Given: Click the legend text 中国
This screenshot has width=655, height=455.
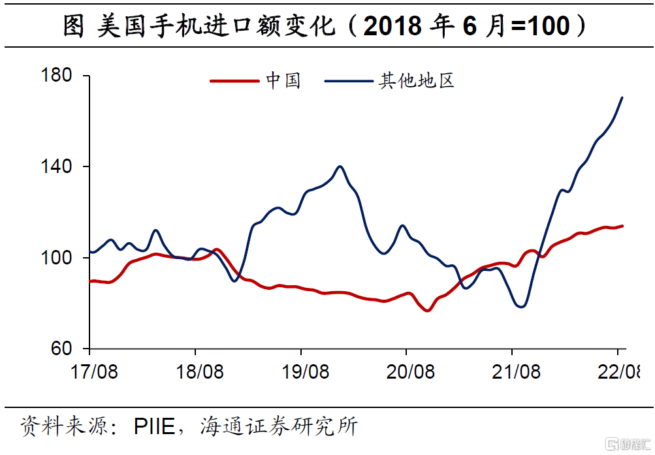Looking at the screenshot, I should click(x=283, y=82).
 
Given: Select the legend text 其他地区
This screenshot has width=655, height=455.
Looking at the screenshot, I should click(x=416, y=82).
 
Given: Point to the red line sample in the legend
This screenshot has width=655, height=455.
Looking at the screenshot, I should click(x=234, y=82).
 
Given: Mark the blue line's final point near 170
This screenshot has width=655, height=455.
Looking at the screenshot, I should click(x=622, y=98).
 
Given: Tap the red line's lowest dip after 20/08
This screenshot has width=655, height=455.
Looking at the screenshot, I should click(x=428, y=310).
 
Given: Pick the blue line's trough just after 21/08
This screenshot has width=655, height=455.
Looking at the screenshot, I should click(x=521, y=306).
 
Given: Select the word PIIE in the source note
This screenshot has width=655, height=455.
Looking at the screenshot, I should click(x=154, y=428).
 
